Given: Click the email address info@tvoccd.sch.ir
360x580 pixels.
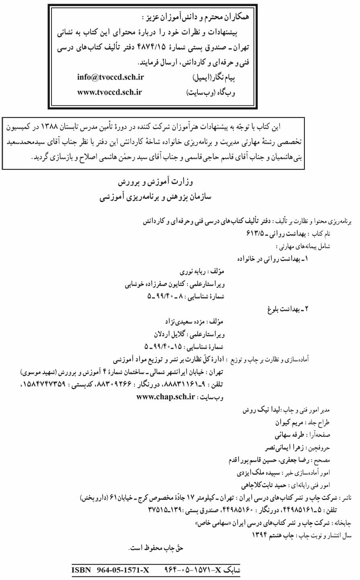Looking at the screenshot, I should (111, 77).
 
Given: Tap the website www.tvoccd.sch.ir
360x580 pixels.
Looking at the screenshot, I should (110, 92).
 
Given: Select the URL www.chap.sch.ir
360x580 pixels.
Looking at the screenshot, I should (166, 397).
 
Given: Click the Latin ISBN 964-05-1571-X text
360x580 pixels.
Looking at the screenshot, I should (110, 570).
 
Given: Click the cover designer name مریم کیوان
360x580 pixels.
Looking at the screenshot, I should (289, 423).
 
